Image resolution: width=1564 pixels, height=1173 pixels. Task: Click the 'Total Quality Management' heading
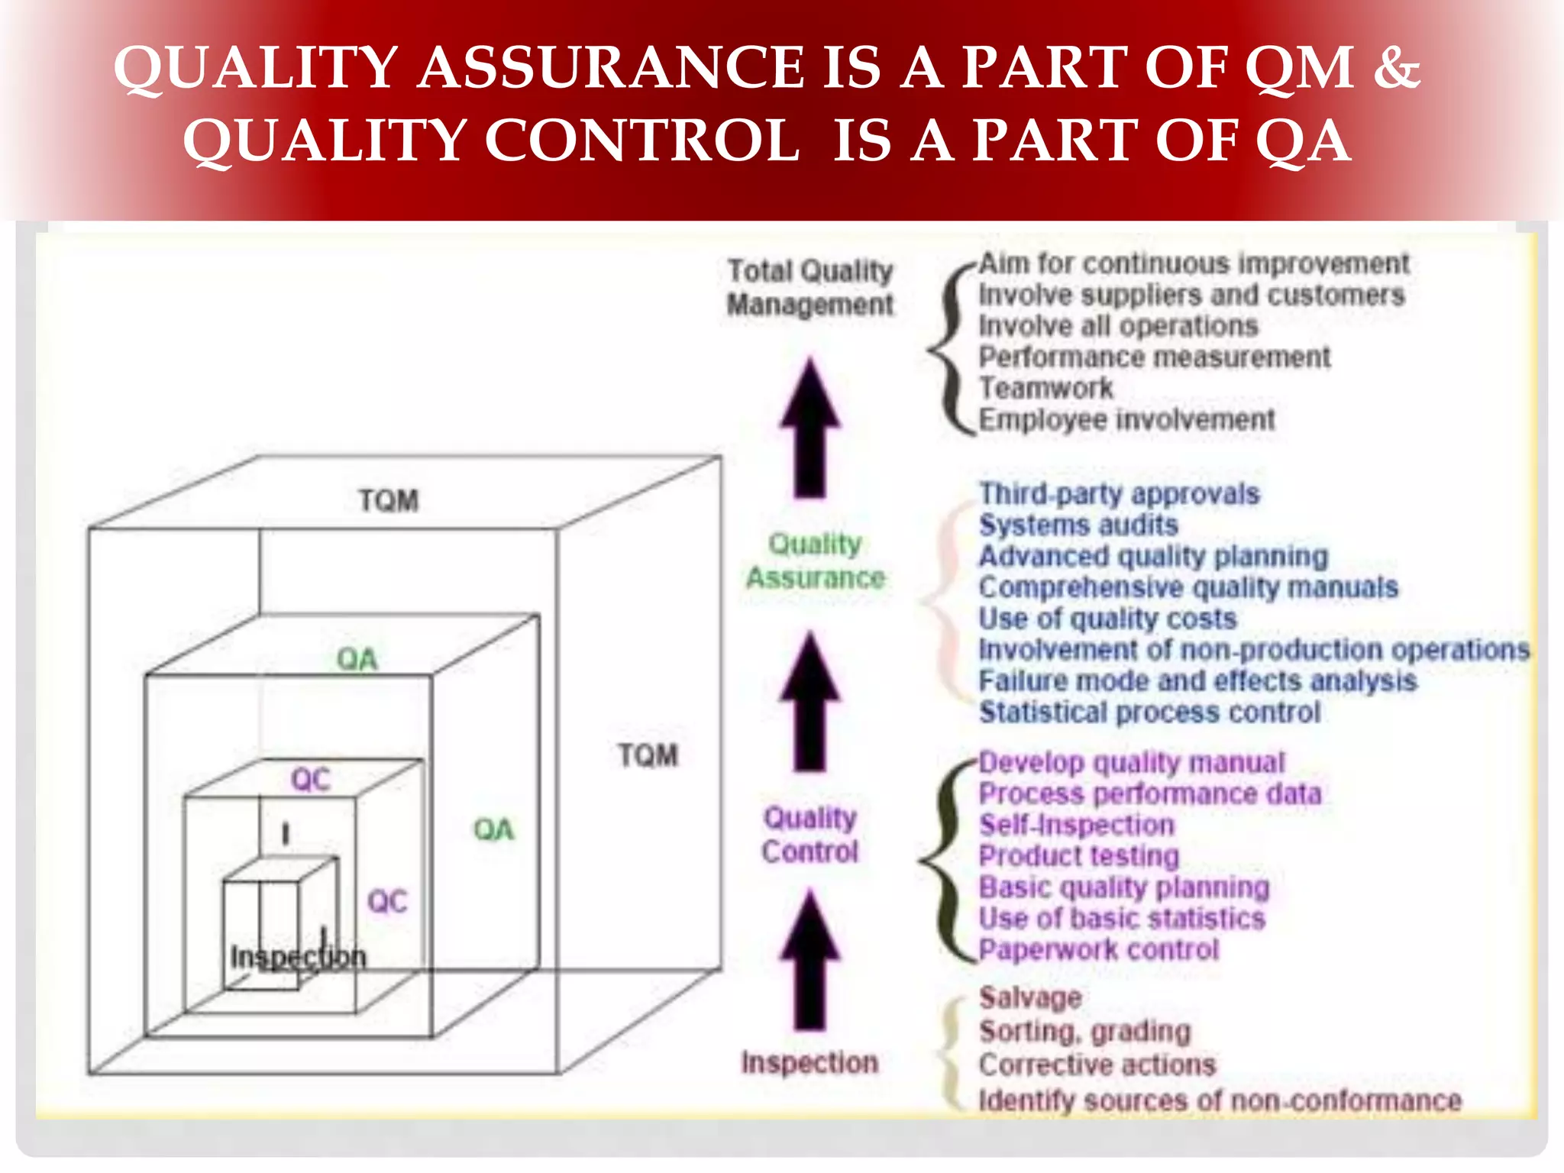[809, 288]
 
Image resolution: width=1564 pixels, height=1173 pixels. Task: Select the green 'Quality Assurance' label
[815, 561]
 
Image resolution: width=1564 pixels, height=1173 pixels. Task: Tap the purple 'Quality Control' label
[809, 835]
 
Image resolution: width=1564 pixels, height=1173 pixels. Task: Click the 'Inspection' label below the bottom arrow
[809, 1062]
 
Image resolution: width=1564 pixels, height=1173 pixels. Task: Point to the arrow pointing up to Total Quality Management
[809, 428]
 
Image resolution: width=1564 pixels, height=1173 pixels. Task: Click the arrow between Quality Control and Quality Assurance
[809, 701]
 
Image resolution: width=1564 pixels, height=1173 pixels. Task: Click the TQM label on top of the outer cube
[389, 501]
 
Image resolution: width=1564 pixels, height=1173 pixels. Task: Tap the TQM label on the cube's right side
[648, 755]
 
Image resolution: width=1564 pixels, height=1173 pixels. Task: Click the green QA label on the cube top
[357, 659]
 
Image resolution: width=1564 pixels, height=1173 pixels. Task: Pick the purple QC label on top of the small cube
[310, 780]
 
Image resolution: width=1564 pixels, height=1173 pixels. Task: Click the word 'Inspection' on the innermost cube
[299, 957]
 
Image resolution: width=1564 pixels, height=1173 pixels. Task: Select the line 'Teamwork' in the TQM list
[1045, 388]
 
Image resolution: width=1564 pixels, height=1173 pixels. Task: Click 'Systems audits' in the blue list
[1078, 525]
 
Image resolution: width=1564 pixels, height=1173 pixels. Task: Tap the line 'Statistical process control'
[1149, 713]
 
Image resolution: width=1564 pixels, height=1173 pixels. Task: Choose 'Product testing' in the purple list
[1078, 856]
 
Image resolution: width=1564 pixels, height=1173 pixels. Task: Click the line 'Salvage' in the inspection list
[1030, 997]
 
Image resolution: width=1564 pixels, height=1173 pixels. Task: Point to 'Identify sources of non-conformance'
[1220, 1100]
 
